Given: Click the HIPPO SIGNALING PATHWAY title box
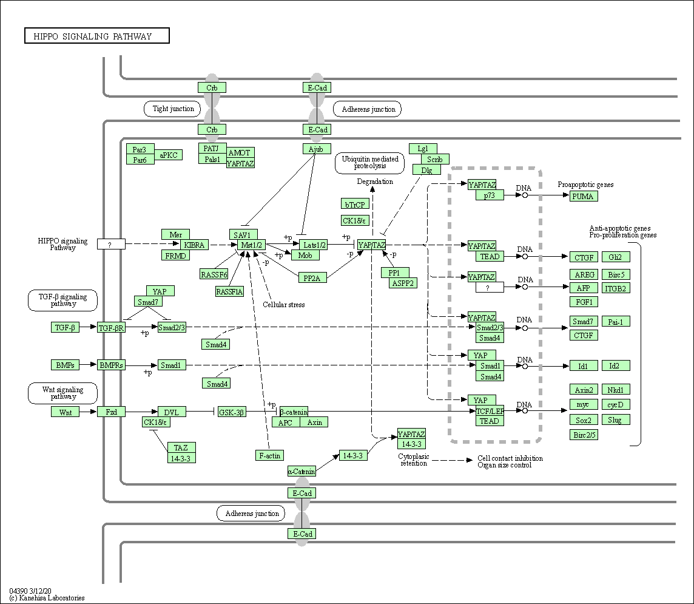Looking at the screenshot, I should [x=97, y=36].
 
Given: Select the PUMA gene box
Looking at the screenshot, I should [x=584, y=196].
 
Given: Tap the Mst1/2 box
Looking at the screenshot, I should [x=252, y=245].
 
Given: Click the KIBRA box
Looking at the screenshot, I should [x=195, y=245].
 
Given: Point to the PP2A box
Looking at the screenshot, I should [x=312, y=277].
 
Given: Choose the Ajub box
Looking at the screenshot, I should [x=317, y=149].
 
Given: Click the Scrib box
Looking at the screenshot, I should [x=435, y=159].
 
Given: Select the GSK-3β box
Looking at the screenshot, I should [x=231, y=412].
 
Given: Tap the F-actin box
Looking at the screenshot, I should [x=269, y=455].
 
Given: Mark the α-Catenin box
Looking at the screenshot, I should [x=302, y=471].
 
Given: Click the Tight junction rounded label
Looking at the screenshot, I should [x=173, y=109].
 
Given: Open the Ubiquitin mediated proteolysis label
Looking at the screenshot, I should [x=369, y=163].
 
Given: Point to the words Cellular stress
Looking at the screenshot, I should [x=284, y=305].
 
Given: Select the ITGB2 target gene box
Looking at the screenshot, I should [x=615, y=288].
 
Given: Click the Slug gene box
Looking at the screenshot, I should [x=615, y=419].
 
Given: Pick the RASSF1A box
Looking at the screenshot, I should [x=229, y=291].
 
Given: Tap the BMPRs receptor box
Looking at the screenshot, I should [x=111, y=365].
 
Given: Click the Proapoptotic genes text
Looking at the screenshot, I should [x=585, y=185].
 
